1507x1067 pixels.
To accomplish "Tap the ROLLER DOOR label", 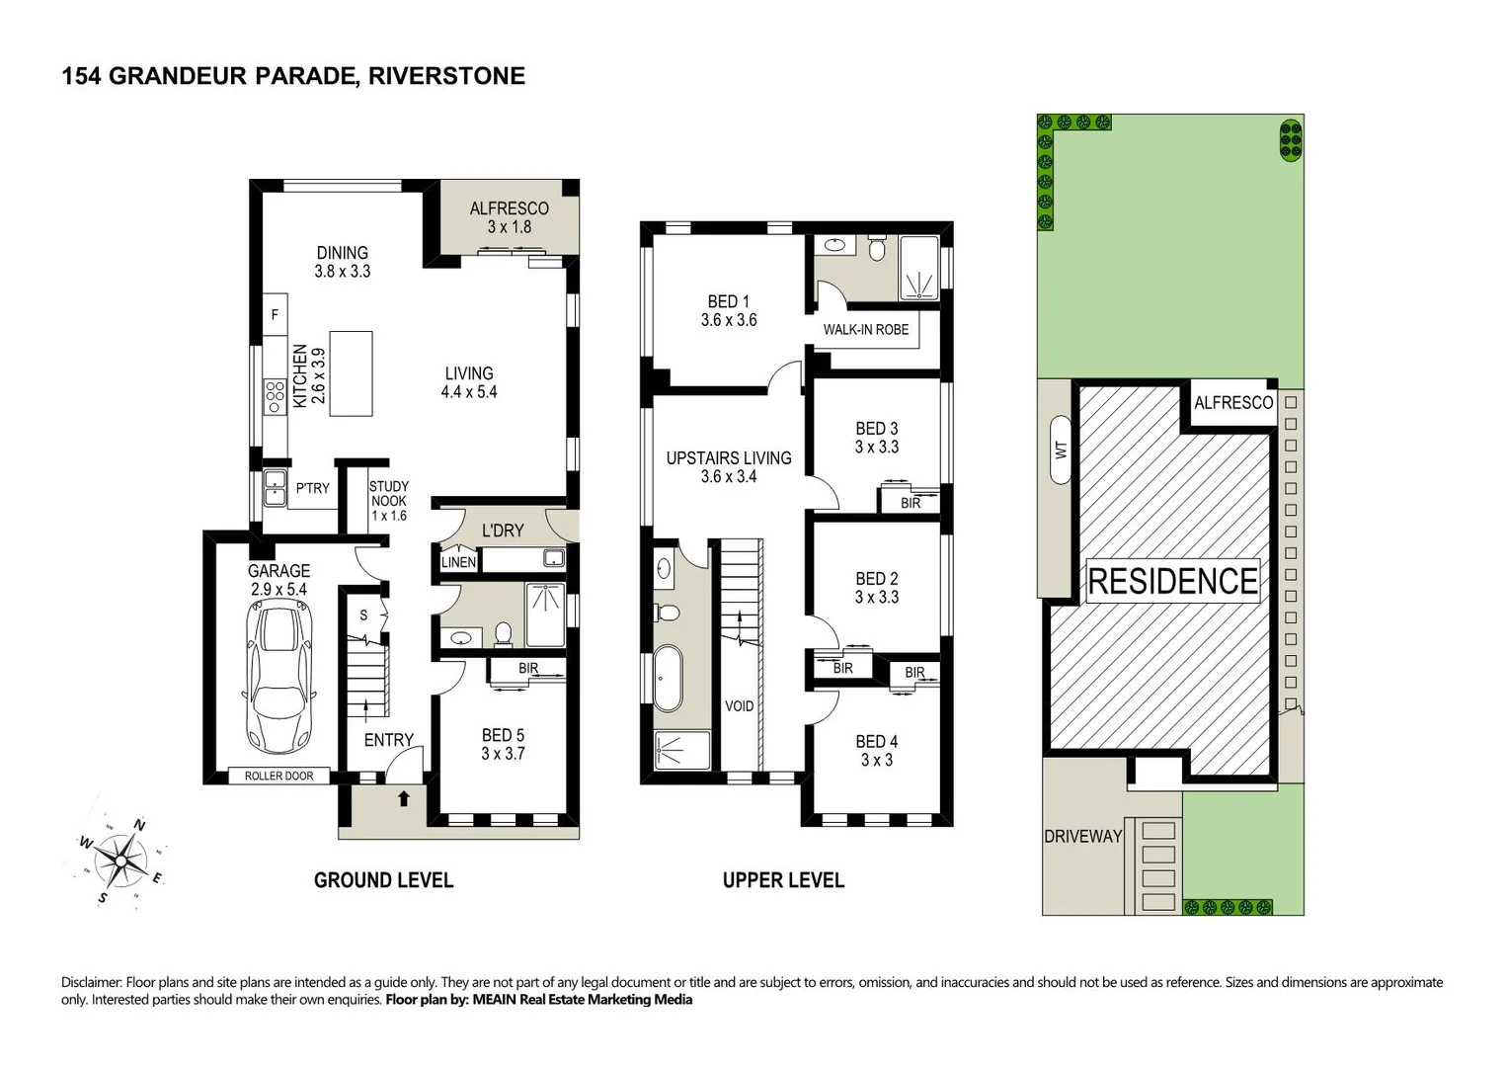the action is point(278,776).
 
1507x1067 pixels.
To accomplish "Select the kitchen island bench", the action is point(351,373).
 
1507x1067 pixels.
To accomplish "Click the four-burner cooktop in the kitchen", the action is point(275,396).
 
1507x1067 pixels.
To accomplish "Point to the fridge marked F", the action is point(275,314).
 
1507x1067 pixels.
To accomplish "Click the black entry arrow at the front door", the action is point(403,798).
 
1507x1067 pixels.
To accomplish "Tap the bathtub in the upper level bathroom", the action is point(668,679).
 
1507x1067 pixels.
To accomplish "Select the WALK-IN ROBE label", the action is point(866,329).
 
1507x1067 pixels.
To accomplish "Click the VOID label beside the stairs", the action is point(740,706).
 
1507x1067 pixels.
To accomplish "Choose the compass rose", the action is point(120,860).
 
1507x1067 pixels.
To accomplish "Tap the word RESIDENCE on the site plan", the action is point(1172,581).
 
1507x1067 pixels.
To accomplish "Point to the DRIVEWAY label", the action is point(1083,836).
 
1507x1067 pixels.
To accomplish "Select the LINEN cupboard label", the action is point(459,562).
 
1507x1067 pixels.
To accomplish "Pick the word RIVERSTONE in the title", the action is point(446,75).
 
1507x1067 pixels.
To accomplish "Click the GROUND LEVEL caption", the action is point(383,880).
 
